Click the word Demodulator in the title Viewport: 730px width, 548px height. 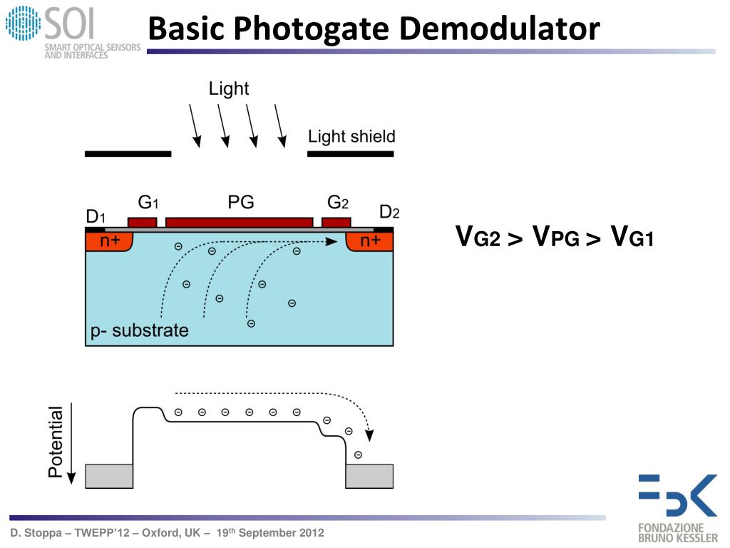(x=500, y=28)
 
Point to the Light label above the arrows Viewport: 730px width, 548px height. (x=229, y=88)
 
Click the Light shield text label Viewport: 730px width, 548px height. (x=351, y=136)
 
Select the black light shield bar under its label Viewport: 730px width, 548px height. (x=351, y=154)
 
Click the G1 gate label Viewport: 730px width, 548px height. (x=148, y=203)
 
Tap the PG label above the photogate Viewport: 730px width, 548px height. (x=241, y=202)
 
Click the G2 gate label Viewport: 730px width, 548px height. (x=337, y=203)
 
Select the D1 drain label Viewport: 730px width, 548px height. (x=96, y=217)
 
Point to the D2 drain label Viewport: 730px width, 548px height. (x=389, y=213)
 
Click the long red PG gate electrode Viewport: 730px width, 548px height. (x=240, y=223)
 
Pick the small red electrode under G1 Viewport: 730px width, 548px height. (x=142, y=223)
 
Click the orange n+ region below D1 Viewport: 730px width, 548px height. (x=109, y=241)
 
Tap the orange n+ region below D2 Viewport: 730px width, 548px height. (x=370, y=241)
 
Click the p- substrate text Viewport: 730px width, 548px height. (x=139, y=330)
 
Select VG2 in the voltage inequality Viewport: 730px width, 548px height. (x=477, y=236)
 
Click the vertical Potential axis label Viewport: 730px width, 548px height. (x=56, y=442)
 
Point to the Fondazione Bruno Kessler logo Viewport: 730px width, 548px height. (x=678, y=508)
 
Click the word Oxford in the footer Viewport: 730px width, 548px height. (x=163, y=532)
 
